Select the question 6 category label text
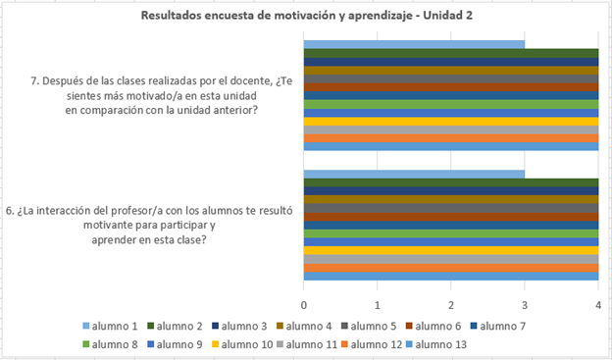click(149, 225)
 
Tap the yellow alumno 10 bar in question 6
click(451, 251)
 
